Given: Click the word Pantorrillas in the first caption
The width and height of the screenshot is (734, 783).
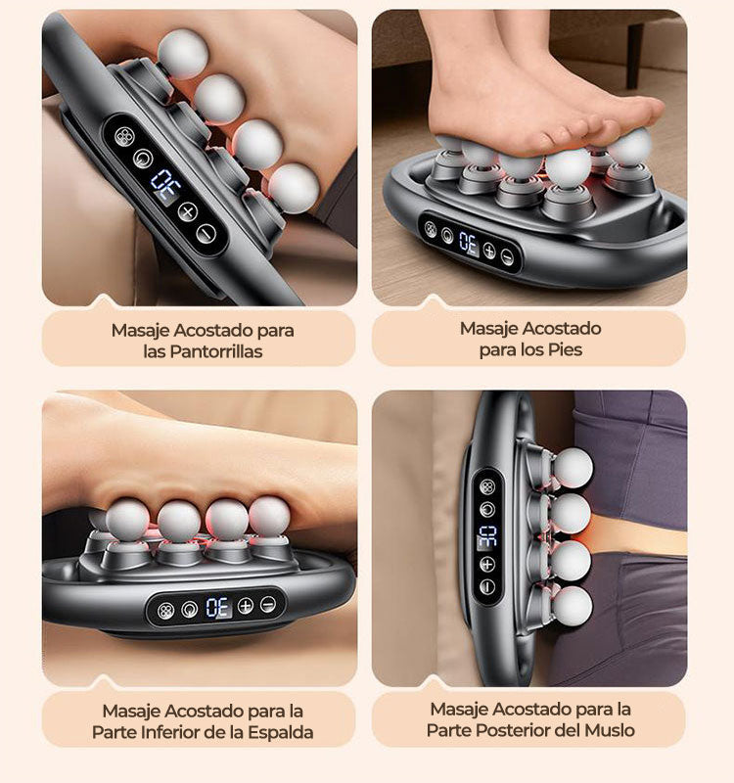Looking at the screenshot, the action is tap(215, 351).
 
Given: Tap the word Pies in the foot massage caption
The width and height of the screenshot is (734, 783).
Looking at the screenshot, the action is tap(565, 349).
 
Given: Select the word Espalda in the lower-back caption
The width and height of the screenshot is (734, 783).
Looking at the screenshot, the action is tap(281, 732).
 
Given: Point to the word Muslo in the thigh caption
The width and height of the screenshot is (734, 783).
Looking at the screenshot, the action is tap(610, 730).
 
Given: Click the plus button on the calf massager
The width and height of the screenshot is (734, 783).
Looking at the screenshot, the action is tap(188, 211).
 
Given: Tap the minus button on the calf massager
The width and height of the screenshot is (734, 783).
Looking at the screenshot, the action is tap(206, 234).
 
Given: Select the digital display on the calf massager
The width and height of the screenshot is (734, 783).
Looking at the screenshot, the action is tap(166, 186).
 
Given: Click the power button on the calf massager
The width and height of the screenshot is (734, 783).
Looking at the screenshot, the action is tap(143, 159).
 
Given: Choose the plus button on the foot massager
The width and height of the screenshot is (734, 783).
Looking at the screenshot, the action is tap(489, 251).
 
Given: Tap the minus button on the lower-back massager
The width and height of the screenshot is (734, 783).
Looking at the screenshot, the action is tap(268, 605).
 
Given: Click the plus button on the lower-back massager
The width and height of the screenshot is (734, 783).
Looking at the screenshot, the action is tap(246, 606).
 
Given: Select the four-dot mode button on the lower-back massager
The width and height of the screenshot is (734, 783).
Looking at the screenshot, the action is tap(165, 610).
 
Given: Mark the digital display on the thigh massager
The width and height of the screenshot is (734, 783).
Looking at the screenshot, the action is tap(487, 536).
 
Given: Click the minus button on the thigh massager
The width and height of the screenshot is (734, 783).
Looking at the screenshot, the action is tap(487, 586).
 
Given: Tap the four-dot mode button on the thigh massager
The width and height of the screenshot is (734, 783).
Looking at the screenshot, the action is tap(487, 486).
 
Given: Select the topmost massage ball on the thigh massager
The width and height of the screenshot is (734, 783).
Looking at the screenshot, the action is tap(573, 468).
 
